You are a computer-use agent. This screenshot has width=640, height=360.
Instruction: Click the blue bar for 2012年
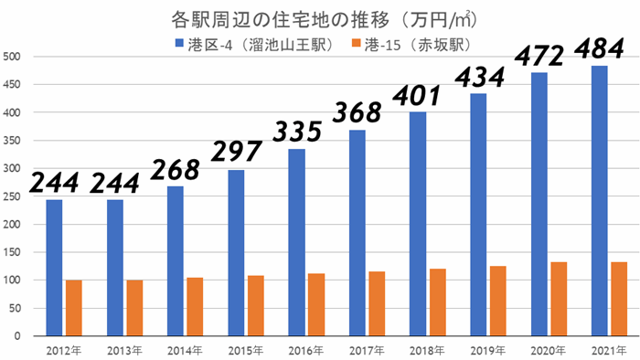click(x=54, y=268)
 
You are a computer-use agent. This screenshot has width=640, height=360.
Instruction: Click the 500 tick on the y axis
click(x=15, y=57)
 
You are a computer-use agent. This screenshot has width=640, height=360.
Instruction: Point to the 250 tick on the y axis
click(x=15, y=196)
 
